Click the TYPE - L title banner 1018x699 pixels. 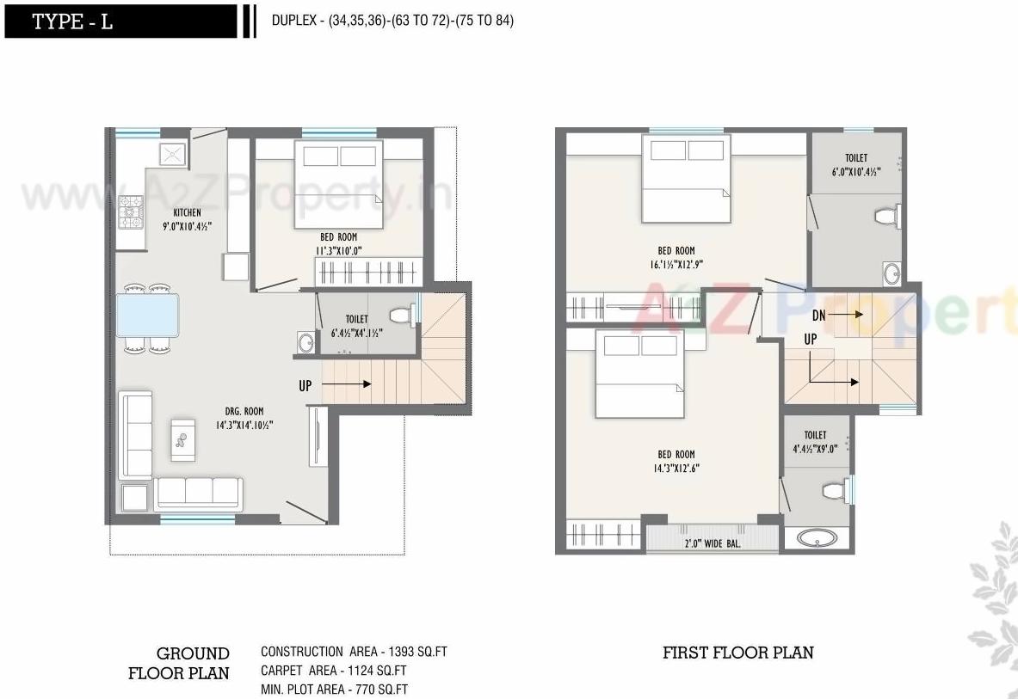120,21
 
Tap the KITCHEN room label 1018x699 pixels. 187,212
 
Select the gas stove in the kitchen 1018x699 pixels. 132,212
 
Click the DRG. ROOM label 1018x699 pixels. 245,411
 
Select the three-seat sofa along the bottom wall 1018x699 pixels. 199,492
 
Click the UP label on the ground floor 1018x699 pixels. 305,386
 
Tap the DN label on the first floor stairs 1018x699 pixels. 818,316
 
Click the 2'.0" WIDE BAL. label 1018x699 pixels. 713,543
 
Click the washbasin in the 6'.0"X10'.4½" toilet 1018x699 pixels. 891,274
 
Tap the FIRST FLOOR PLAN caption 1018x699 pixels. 737,653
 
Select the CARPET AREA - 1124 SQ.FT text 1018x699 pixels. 334,671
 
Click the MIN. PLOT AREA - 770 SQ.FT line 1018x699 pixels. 334,690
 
